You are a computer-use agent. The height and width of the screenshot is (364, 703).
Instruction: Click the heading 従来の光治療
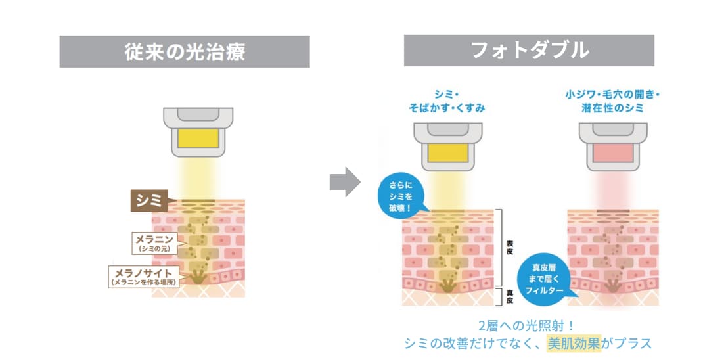tap(185, 52)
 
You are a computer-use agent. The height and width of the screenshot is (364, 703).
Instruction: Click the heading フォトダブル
tap(529, 51)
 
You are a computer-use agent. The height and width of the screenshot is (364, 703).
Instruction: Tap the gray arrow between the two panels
tap(344, 181)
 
